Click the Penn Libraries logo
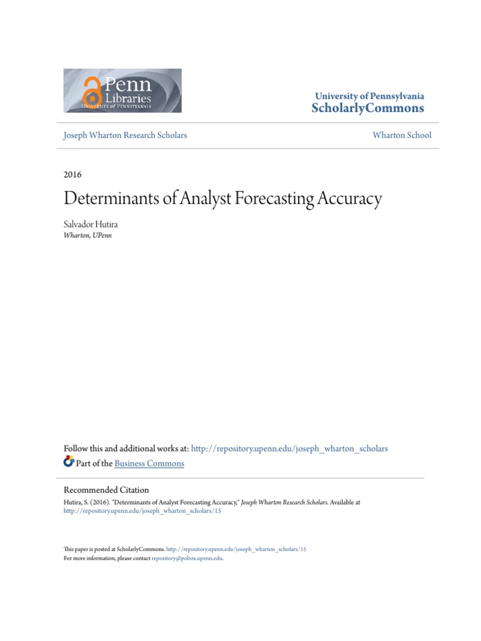(x=123, y=91)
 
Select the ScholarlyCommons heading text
(x=368, y=108)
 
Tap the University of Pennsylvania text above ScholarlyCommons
(x=370, y=96)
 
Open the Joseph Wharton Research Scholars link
(x=125, y=135)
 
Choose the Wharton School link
(x=401, y=135)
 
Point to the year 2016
(x=73, y=175)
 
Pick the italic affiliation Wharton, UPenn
(x=88, y=235)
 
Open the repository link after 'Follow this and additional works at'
(x=289, y=449)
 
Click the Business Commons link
(x=150, y=464)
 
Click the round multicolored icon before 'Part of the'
(x=69, y=462)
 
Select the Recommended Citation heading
(x=106, y=490)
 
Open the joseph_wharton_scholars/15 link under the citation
(x=142, y=511)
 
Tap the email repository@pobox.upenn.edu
(x=187, y=558)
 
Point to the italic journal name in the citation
(x=284, y=502)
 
